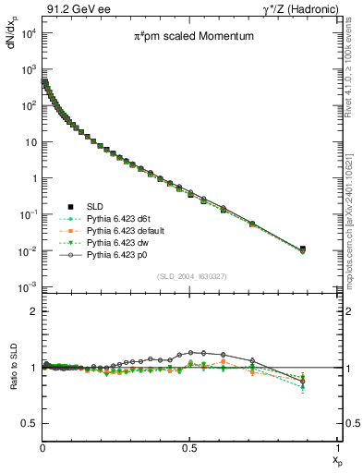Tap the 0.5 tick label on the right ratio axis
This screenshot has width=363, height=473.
(351, 423)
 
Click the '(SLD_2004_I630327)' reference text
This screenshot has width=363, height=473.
(190, 276)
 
